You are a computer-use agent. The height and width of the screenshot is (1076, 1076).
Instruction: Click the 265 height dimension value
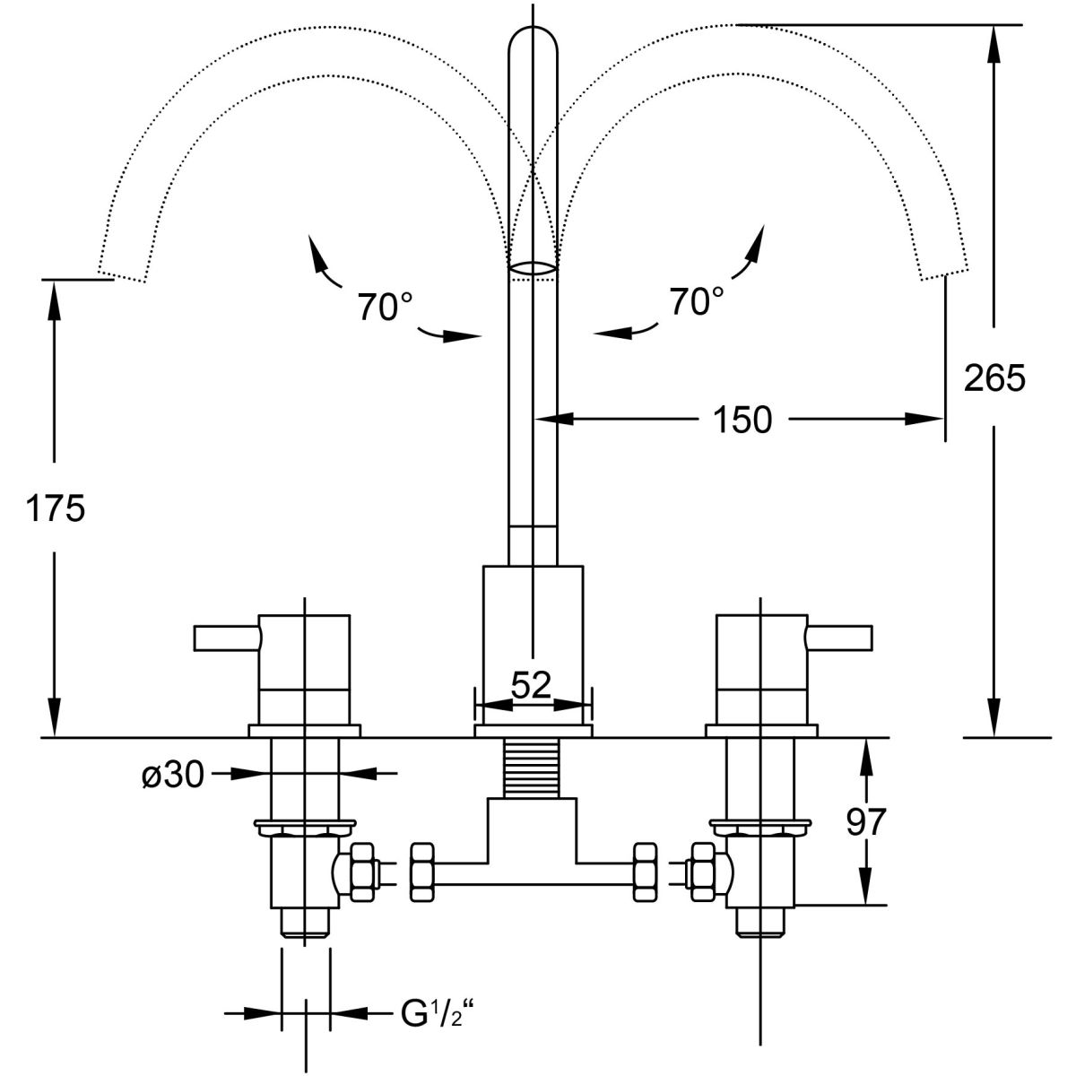click(994, 377)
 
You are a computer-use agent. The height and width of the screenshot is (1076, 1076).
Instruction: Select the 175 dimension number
click(56, 508)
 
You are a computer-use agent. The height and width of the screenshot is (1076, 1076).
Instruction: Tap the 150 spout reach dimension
click(742, 420)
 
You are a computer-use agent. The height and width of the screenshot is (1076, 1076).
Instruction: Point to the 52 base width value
click(531, 684)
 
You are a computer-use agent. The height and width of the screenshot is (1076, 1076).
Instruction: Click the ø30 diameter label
click(173, 776)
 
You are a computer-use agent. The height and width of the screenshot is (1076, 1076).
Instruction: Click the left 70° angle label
click(386, 306)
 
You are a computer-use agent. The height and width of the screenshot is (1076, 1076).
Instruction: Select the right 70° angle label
click(697, 301)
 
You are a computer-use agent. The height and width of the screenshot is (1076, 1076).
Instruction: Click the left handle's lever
click(227, 638)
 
